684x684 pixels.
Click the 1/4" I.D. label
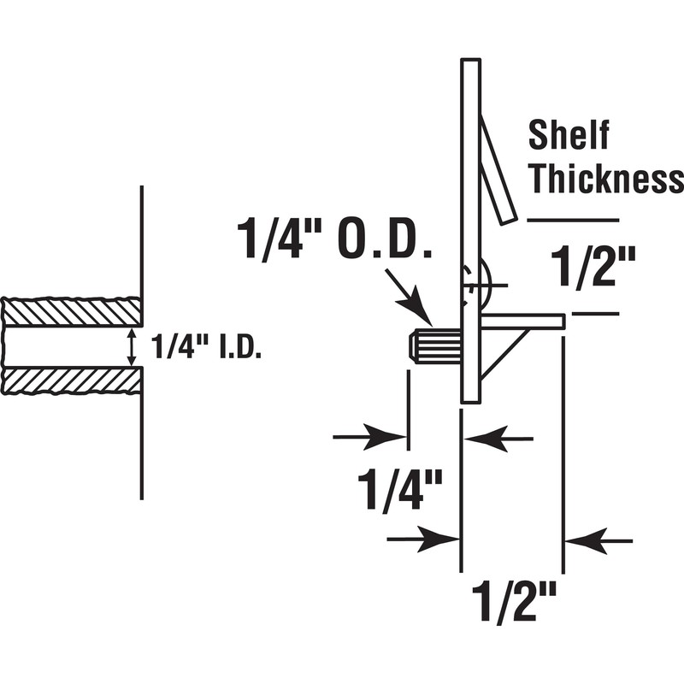[205, 348]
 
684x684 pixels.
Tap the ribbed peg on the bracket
[435, 347]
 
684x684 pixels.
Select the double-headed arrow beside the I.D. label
[131, 347]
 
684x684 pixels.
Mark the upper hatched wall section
[72, 311]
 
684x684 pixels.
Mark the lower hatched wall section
[72, 380]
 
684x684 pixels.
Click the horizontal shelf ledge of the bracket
[522, 321]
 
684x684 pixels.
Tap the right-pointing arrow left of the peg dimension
[369, 437]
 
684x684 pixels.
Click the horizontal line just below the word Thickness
[572, 220]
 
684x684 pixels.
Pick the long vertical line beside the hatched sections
[141, 342]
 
